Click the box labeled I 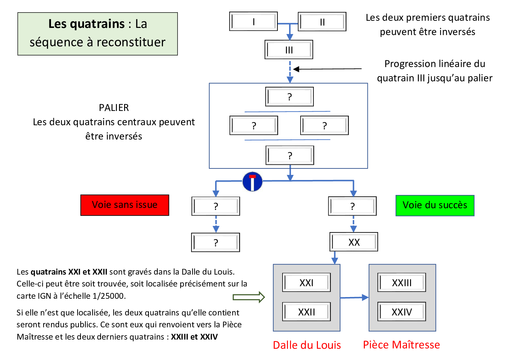(x=253, y=21)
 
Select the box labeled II (x=322, y=22)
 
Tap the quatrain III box (x=289, y=50)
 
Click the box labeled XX (x=354, y=242)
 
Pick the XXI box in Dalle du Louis (x=306, y=282)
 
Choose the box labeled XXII (x=306, y=312)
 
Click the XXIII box (x=402, y=282)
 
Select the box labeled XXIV (x=402, y=312)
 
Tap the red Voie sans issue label (x=125, y=205)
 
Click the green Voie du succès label (x=435, y=205)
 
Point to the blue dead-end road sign (x=252, y=182)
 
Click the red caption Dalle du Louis (x=307, y=345)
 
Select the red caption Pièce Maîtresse (x=401, y=345)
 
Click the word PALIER (x=114, y=108)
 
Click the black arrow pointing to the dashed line (x=326, y=69)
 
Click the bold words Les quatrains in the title (x=86, y=24)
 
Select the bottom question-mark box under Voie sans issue (x=216, y=242)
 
